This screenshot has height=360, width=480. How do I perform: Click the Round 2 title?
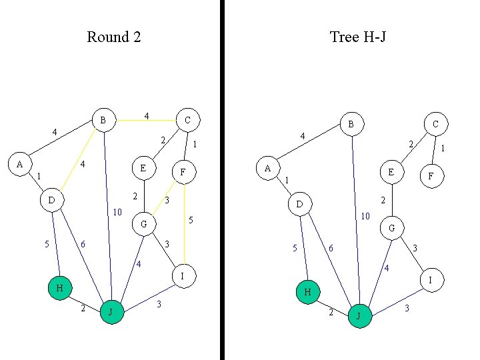(x=113, y=37)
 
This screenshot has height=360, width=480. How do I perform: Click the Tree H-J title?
(x=358, y=37)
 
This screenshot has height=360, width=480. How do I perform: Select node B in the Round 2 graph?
(x=103, y=120)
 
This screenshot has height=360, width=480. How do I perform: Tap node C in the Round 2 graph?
(x=187, y=120)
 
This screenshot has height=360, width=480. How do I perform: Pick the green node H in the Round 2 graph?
(x=59, y=288)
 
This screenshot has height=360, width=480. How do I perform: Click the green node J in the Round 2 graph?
(x=111, y=311)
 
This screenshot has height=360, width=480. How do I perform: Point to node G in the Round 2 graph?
(x=143, y=224)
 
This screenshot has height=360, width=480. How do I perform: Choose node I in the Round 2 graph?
(x=182, y=275)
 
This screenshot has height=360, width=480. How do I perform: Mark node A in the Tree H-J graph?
(x=267, y=168)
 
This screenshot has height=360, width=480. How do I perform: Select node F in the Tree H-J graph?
(x=431, y=177)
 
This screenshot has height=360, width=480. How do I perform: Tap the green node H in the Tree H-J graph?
(x=307, y=292)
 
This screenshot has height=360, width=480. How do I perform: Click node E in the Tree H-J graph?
(x=391, y=171)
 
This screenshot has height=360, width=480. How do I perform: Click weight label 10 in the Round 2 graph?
(x=117, y=213)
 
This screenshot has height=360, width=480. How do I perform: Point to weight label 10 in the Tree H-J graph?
(x=365, y=217)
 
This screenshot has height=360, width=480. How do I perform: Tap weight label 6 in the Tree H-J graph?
(x=330, y=249)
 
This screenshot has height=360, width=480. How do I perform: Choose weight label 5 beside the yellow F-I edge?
(x=191, y=220)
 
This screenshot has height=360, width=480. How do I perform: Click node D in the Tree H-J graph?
(x=299, y=203)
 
